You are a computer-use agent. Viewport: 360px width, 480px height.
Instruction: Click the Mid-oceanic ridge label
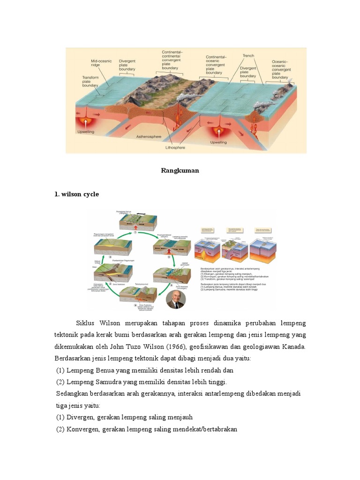(x=102, y=64)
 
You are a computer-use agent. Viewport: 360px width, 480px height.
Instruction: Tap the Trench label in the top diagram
(x=248, y=56)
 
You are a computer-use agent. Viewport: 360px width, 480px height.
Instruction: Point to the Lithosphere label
(x=175, y=147)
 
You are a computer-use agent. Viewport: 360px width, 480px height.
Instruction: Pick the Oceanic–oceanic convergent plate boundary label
(x=283, y=69)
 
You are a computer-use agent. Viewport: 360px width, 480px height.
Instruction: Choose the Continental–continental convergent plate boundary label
(x=172, y=60)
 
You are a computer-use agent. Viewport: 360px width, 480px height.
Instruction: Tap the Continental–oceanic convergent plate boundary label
(x=216, y=65)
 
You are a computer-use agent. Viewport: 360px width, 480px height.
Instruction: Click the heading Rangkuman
(x=180, y=171)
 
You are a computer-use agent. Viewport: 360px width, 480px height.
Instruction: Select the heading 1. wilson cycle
(x=77, y=194)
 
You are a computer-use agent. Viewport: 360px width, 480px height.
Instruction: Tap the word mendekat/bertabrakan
(x=208, y=429)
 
